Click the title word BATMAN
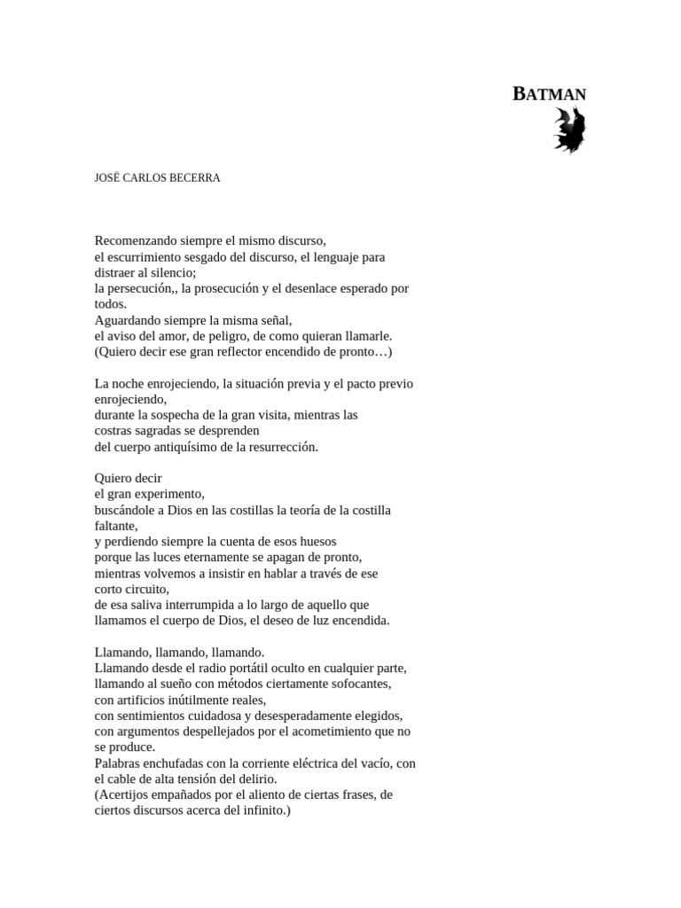(x=550, y=94)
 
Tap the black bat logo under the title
(x=569, y=130)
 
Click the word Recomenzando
(x=135, y=240)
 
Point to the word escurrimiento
(x=151, y=256)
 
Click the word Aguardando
(x=127, y=320)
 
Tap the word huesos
(x=317, y=541)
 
